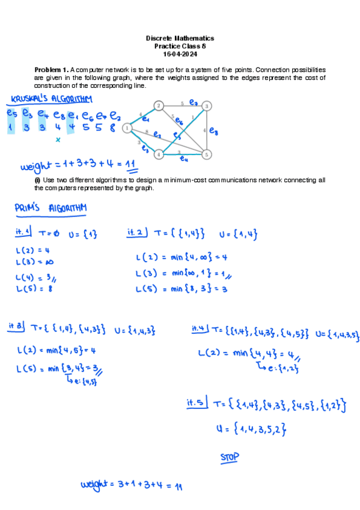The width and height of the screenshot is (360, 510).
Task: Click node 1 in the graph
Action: click(x=127, y=127)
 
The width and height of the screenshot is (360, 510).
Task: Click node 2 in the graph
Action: click(x=159, y=106)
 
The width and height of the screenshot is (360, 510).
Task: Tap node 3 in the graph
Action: click(x=206, y=106)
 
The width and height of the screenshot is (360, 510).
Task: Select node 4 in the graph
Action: click(x=159, y=154)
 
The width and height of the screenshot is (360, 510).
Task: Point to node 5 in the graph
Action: click(x=206, y=154)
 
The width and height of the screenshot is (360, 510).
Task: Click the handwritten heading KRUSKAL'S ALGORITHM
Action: click(x=52, y=99)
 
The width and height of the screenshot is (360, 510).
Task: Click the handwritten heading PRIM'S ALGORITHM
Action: click(x=51, y=208)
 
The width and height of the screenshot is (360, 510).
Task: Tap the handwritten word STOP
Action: click(x=230, y=458)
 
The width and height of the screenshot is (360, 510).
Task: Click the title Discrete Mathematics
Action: click(x=180, y=38)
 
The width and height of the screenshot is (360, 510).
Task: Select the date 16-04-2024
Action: click(x=180, y=54)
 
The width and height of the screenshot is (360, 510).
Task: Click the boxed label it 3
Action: click(x=16, y=326)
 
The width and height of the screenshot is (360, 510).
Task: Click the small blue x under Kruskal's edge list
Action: click(x=58, y=140)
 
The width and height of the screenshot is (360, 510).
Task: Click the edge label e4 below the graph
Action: click(x=185, y=159)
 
